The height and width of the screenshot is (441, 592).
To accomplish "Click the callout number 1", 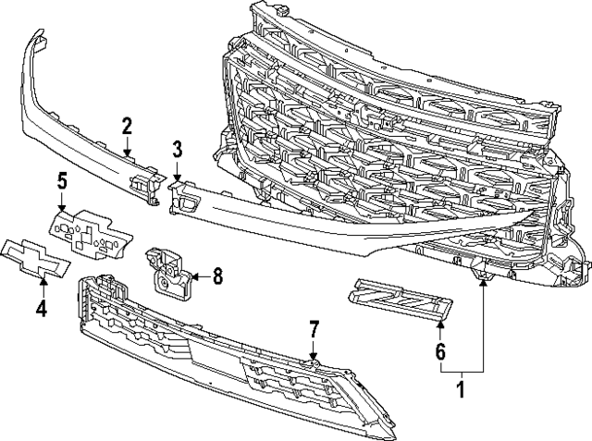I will pyautogui.click(x=461, y=390).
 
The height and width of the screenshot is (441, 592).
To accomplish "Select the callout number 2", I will pyautogui.click(x=127, y=126).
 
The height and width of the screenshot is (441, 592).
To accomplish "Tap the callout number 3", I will pyautogui.click(x=178, y=148).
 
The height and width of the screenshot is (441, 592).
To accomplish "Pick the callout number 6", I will pyautogui.click(x=440, y=351).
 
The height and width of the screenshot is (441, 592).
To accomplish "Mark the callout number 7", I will pyautogui.click(x=314, y=328).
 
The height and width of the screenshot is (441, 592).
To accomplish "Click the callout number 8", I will pyautogui.click(x=218, y=275).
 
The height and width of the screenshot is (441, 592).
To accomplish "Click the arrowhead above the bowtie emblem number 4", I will pyautogui.click(x=41, y=278).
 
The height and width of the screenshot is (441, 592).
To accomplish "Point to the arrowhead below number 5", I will pyautogui.click(x=62, y=210).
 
